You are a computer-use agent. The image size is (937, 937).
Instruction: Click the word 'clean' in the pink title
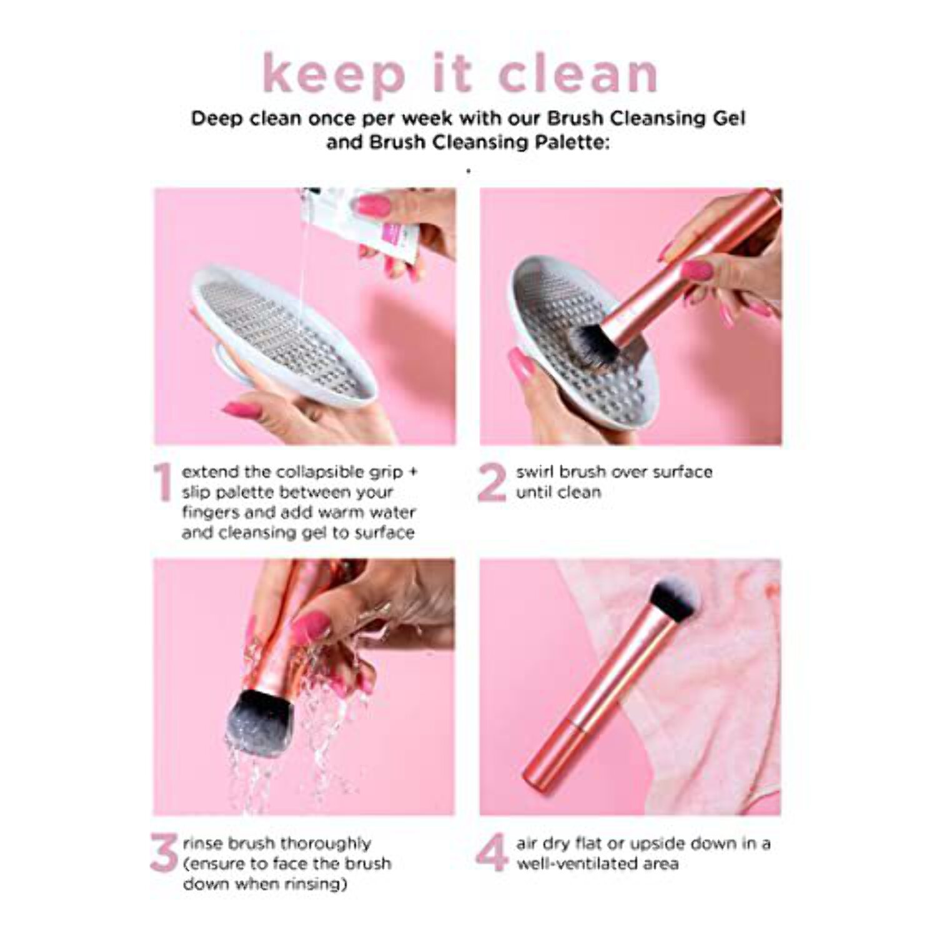pyautogui.click(x=578, y=74)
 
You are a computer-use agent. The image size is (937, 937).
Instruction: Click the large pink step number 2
pyautogui.click(x=492, y=482)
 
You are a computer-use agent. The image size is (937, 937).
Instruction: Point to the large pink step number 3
pyautogui.click(x=164, y=854)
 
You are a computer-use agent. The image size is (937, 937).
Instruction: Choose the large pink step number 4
pyautogui.click(x=492, y=854)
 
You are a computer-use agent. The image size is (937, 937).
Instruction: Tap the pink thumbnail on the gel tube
pyautogui.click(x=374, y=204)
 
